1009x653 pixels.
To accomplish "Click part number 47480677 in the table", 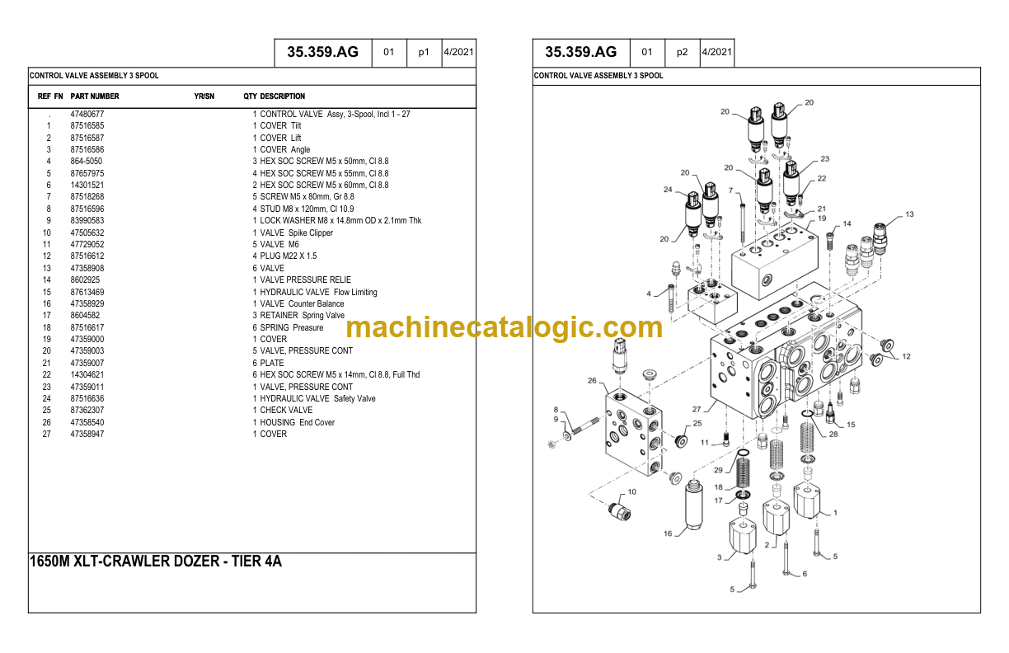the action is [x=87, y=114].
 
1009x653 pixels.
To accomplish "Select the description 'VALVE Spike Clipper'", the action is [x=297, y=233].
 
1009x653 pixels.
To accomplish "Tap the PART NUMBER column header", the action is [x=95, y=96].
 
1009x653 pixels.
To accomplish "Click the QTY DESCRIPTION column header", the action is [x=274, y=96].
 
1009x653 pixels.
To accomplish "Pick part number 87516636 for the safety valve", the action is [x=87, y=398].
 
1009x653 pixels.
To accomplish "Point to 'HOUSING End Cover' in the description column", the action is [x=298, y=422].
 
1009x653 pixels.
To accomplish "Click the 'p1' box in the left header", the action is [x=424, y=52].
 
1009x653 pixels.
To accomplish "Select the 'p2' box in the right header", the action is [x=682, y=52].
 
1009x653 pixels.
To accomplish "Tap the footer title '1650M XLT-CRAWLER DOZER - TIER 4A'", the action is [x=156, y=561].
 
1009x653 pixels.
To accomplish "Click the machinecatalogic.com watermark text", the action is [x=504, y=326].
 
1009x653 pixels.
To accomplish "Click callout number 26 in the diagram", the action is [x=592, y=380].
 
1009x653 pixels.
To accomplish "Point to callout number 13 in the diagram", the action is [x=909, y=214].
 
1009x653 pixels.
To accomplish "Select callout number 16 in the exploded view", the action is [x=668, y=533].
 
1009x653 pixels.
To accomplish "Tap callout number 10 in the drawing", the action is [x=631, y=491].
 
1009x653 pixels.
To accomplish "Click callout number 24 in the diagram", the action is [x=668, y=190].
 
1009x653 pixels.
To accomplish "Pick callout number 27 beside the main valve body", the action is [x=697, y=409].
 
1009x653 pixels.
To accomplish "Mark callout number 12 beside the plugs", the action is [x=906, y=356].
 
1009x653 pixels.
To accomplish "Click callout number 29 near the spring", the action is [x=718, y=470].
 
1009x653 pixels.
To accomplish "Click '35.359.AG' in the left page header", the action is [x=323, y=52].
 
